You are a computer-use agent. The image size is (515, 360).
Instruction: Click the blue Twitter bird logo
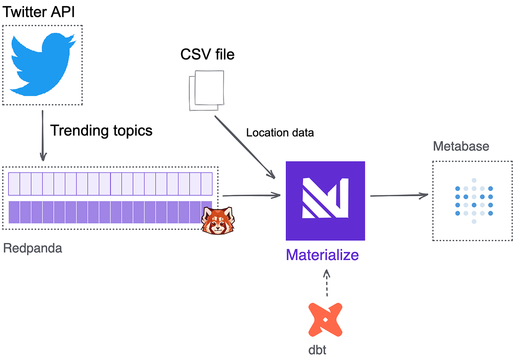point(42,64)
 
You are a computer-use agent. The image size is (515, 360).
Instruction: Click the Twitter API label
point(39,12)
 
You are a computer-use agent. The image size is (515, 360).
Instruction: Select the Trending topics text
point(101,130)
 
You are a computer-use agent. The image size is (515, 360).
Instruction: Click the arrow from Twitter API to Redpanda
point(42,135)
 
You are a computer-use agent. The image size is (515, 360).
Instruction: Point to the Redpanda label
point(33,248)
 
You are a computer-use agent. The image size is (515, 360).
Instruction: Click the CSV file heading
point(207,54)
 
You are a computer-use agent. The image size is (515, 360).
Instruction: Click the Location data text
point(280,133)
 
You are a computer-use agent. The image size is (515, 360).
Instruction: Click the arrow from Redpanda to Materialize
point(251,196)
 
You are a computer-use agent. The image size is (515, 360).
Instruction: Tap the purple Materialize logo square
point(325,201)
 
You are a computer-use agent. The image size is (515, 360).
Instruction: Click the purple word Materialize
point(322,255)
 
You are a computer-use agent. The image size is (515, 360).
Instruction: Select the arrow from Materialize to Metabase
point(399,196)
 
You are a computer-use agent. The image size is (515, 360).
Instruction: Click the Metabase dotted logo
point(474,201)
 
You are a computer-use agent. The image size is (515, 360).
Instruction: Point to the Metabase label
point(461,146)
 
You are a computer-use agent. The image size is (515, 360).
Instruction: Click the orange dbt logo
point(325,319)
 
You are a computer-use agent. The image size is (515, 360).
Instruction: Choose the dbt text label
point(317,350)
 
